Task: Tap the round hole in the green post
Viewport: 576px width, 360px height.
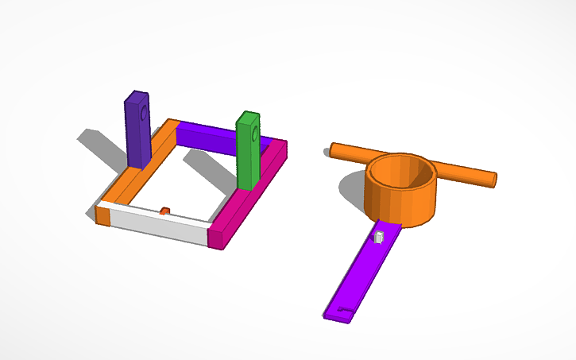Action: click(x=253, y=134)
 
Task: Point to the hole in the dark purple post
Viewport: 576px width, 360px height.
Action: click(x=144, y=114)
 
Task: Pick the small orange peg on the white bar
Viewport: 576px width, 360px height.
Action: click(x=164, y=211)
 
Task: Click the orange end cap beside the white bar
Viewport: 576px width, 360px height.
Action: click(x=102, y=215)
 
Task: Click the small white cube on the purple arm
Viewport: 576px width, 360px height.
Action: click(x=380, y=236)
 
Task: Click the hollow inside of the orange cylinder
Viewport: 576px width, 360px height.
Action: click(x=402, y=172)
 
